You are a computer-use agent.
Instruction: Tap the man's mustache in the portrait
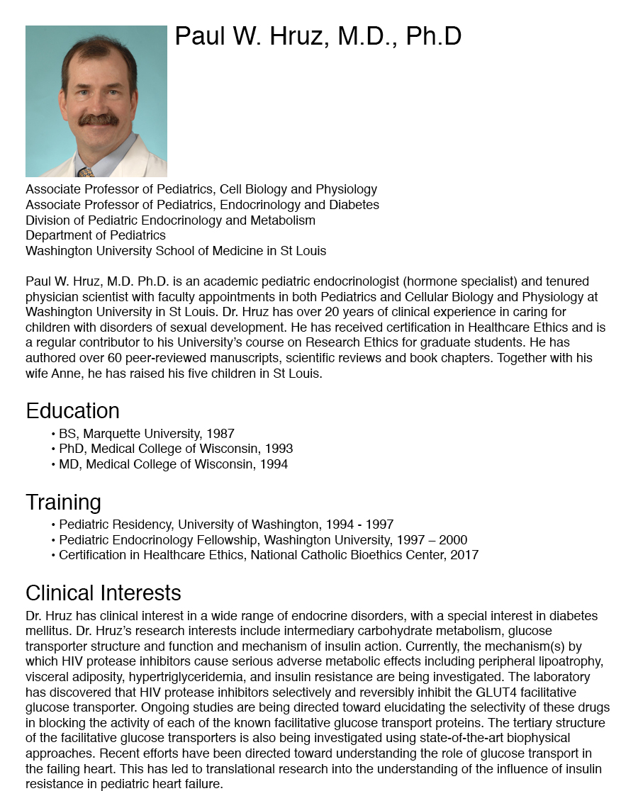(x=99, y=120)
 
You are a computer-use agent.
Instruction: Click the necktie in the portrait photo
(x=86, y=172)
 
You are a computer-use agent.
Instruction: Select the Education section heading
(x=72, y=411)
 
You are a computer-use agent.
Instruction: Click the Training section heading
(x=63, y=502)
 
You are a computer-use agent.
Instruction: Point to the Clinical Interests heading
(x=103, y=593)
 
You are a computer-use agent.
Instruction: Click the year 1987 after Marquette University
(x=220, y=433)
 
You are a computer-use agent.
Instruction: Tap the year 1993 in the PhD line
(x=279, y=449)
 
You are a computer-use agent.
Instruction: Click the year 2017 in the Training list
(x=464, y=555)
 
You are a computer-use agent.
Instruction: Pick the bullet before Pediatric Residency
(x=53, y=525)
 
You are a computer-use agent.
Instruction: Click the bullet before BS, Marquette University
(x=53, y=434)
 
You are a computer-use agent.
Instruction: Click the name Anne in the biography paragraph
(x=66, y=373)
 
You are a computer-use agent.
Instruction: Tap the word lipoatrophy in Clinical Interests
(x=568, y=661)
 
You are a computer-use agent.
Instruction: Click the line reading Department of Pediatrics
(x=96, y=235)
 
